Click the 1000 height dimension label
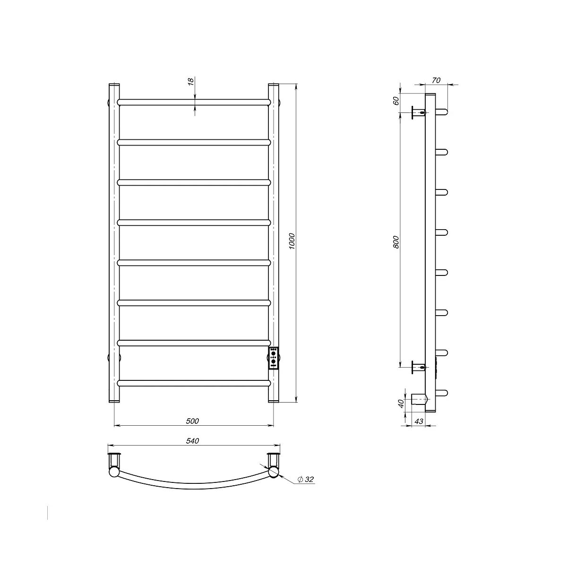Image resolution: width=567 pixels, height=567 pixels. [292, 241]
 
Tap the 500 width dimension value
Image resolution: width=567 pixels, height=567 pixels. [192, 421]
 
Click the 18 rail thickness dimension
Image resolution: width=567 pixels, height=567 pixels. [190, 81]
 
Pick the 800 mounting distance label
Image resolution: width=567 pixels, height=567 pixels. [396, 242]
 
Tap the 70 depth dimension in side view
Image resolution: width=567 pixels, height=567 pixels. [437, 80]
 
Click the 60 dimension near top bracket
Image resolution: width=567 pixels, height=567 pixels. [396, 101]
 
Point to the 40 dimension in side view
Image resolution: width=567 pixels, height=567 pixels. [401, 404]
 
